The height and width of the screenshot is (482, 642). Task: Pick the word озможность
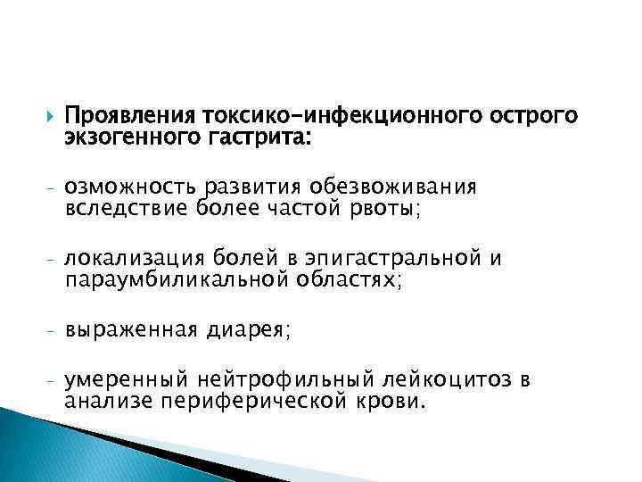pos(134,187)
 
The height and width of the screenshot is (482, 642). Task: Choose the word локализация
pos(135,260)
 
